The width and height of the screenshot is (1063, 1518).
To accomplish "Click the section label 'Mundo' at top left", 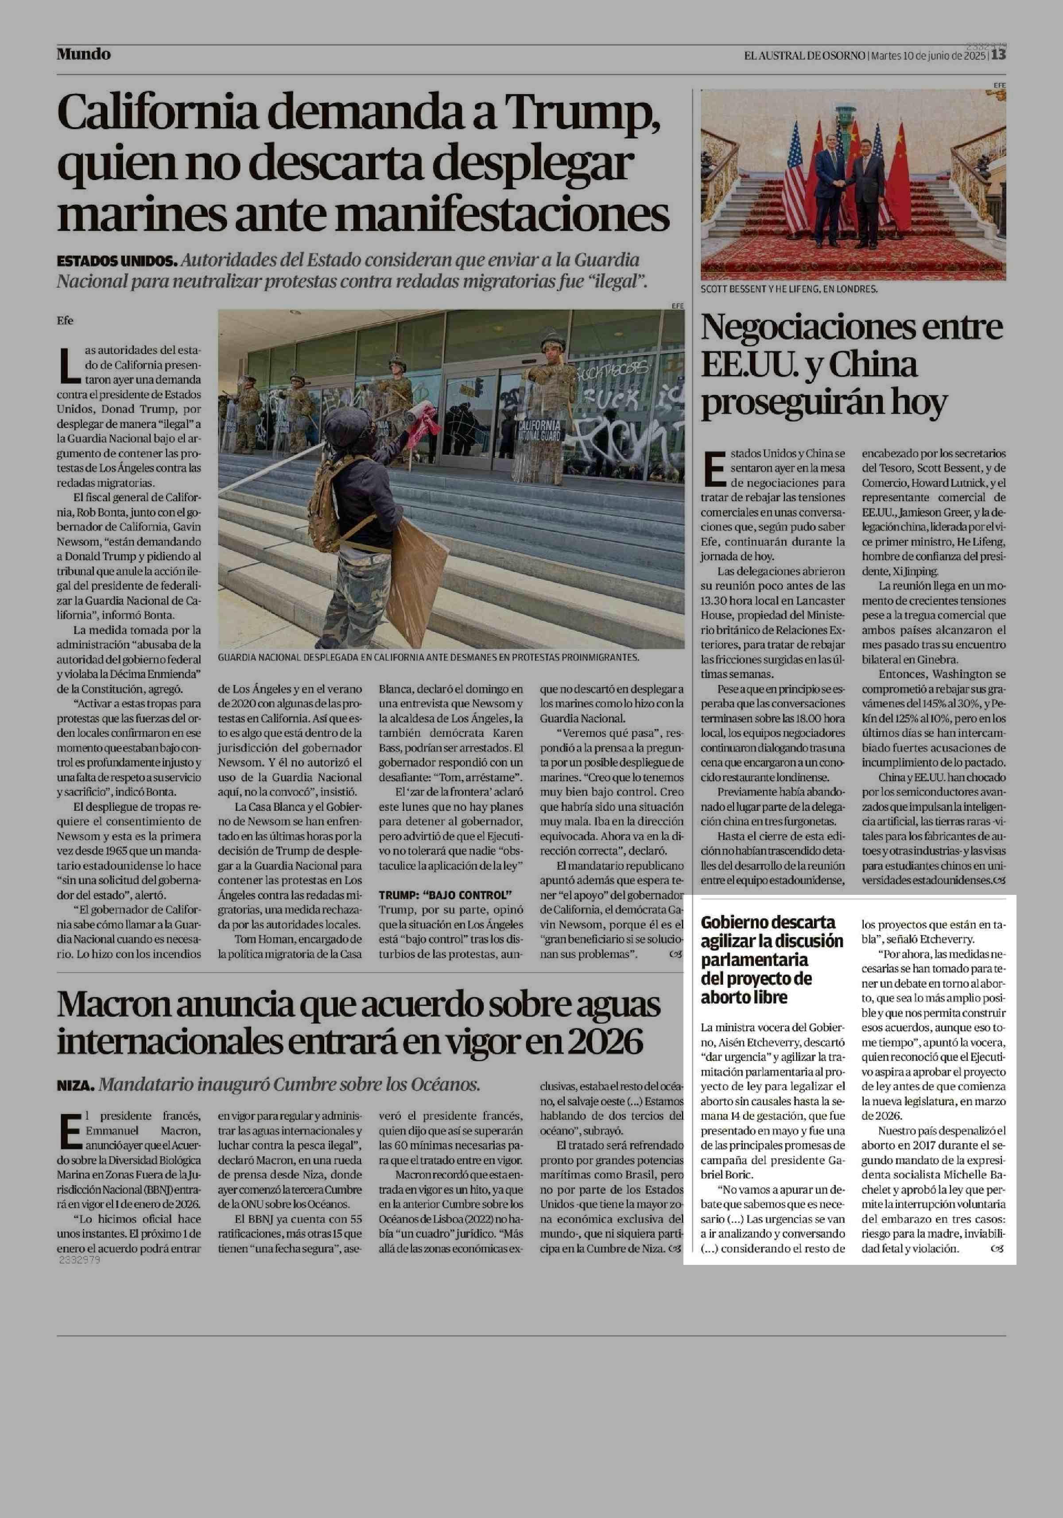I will (x=83, y=54).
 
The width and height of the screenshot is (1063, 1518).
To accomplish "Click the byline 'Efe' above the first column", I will (x=65, y=321).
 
